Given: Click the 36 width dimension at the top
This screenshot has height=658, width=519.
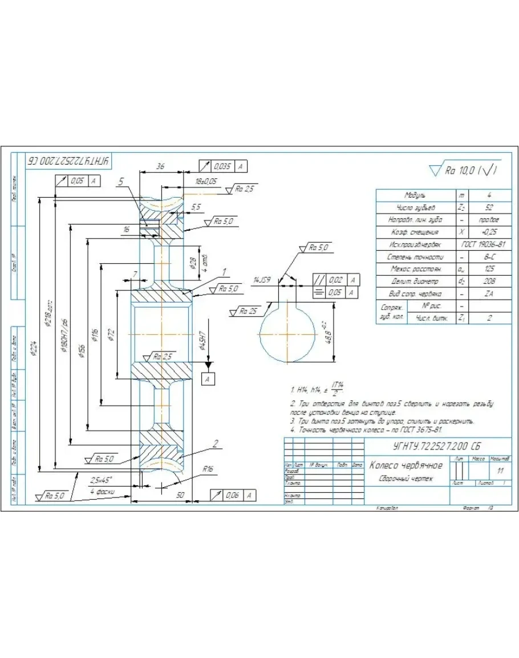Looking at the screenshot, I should (160, 167).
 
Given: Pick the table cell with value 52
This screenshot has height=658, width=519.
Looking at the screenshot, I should (489, 208).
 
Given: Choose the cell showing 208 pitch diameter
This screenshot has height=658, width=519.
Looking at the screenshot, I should (489, 281).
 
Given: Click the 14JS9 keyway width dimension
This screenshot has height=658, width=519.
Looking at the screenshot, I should (262, 280).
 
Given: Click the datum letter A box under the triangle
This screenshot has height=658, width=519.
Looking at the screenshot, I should (209, 378).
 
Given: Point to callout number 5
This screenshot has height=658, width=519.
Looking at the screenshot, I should (121, 182).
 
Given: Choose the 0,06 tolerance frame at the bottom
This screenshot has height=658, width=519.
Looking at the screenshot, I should (230, 496).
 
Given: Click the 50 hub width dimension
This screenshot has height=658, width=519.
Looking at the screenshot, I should (180, 496).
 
